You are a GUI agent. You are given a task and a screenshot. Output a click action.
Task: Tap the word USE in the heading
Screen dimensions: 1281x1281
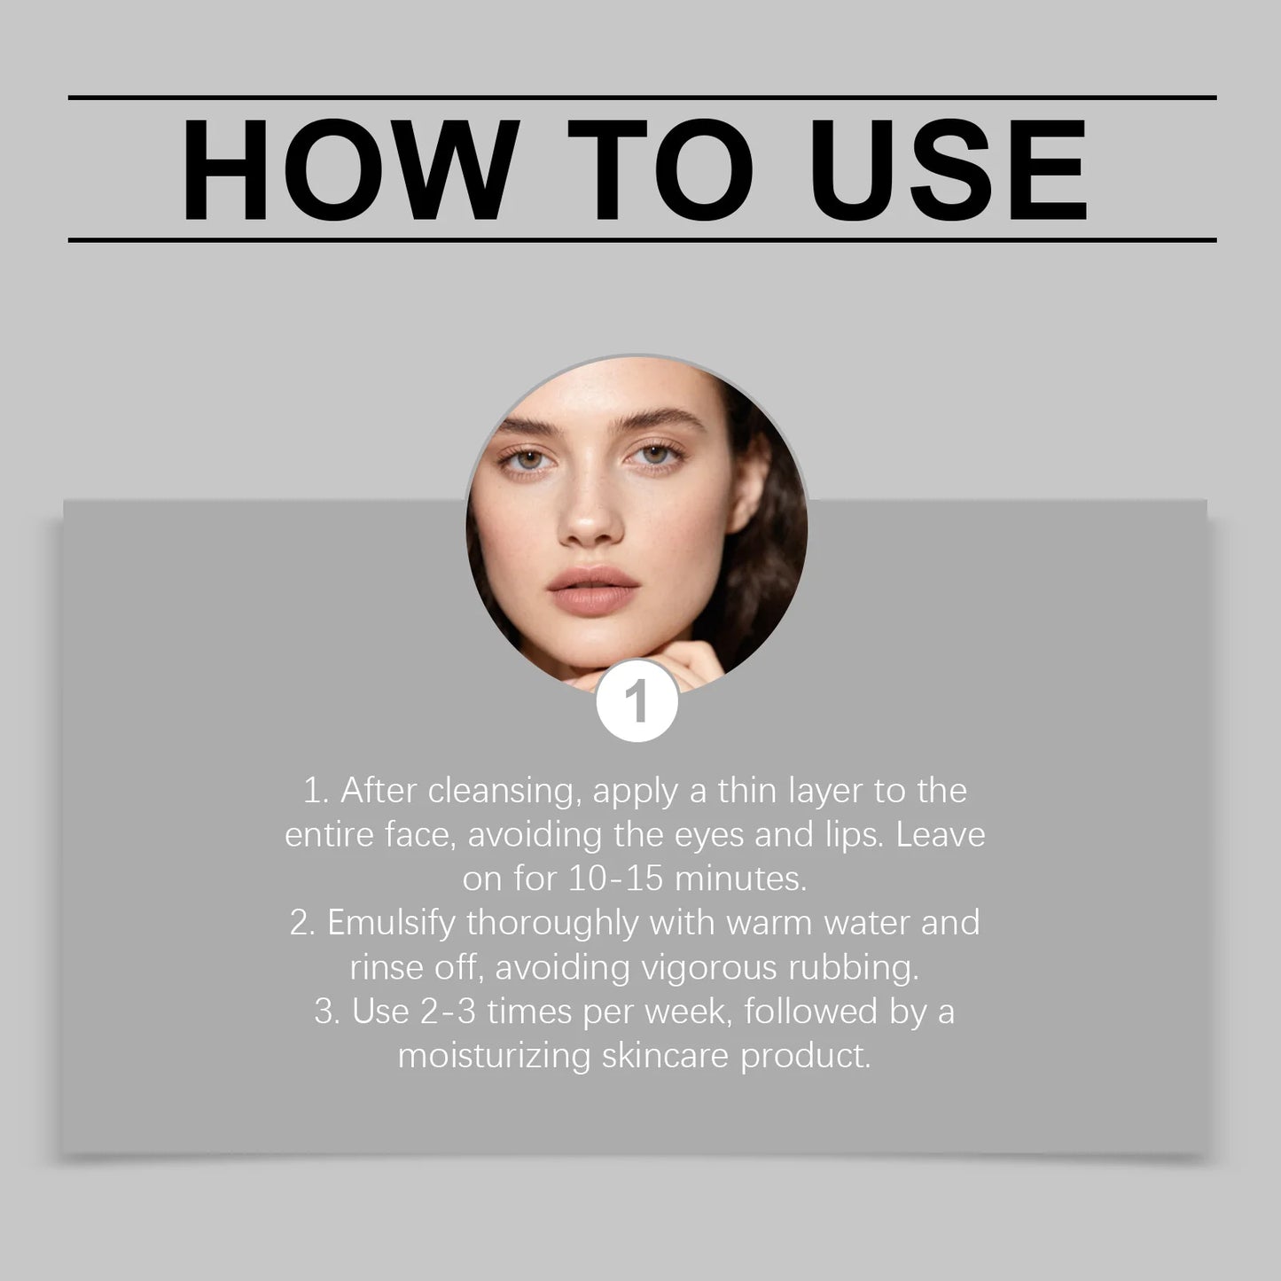click(x=949, y=168)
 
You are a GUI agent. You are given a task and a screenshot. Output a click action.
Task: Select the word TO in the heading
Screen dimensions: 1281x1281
click(x=660, y=168)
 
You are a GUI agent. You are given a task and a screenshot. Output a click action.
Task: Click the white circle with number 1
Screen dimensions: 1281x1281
click(x=637, y=701)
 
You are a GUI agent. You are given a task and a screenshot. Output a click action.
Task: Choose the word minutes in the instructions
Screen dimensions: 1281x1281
click(x=740, y=879)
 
